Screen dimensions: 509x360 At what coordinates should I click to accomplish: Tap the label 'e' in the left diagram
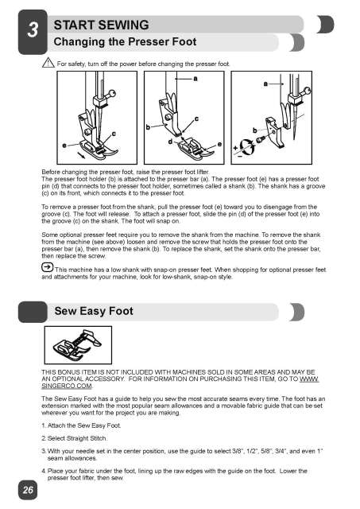click(x=64, y=146)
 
